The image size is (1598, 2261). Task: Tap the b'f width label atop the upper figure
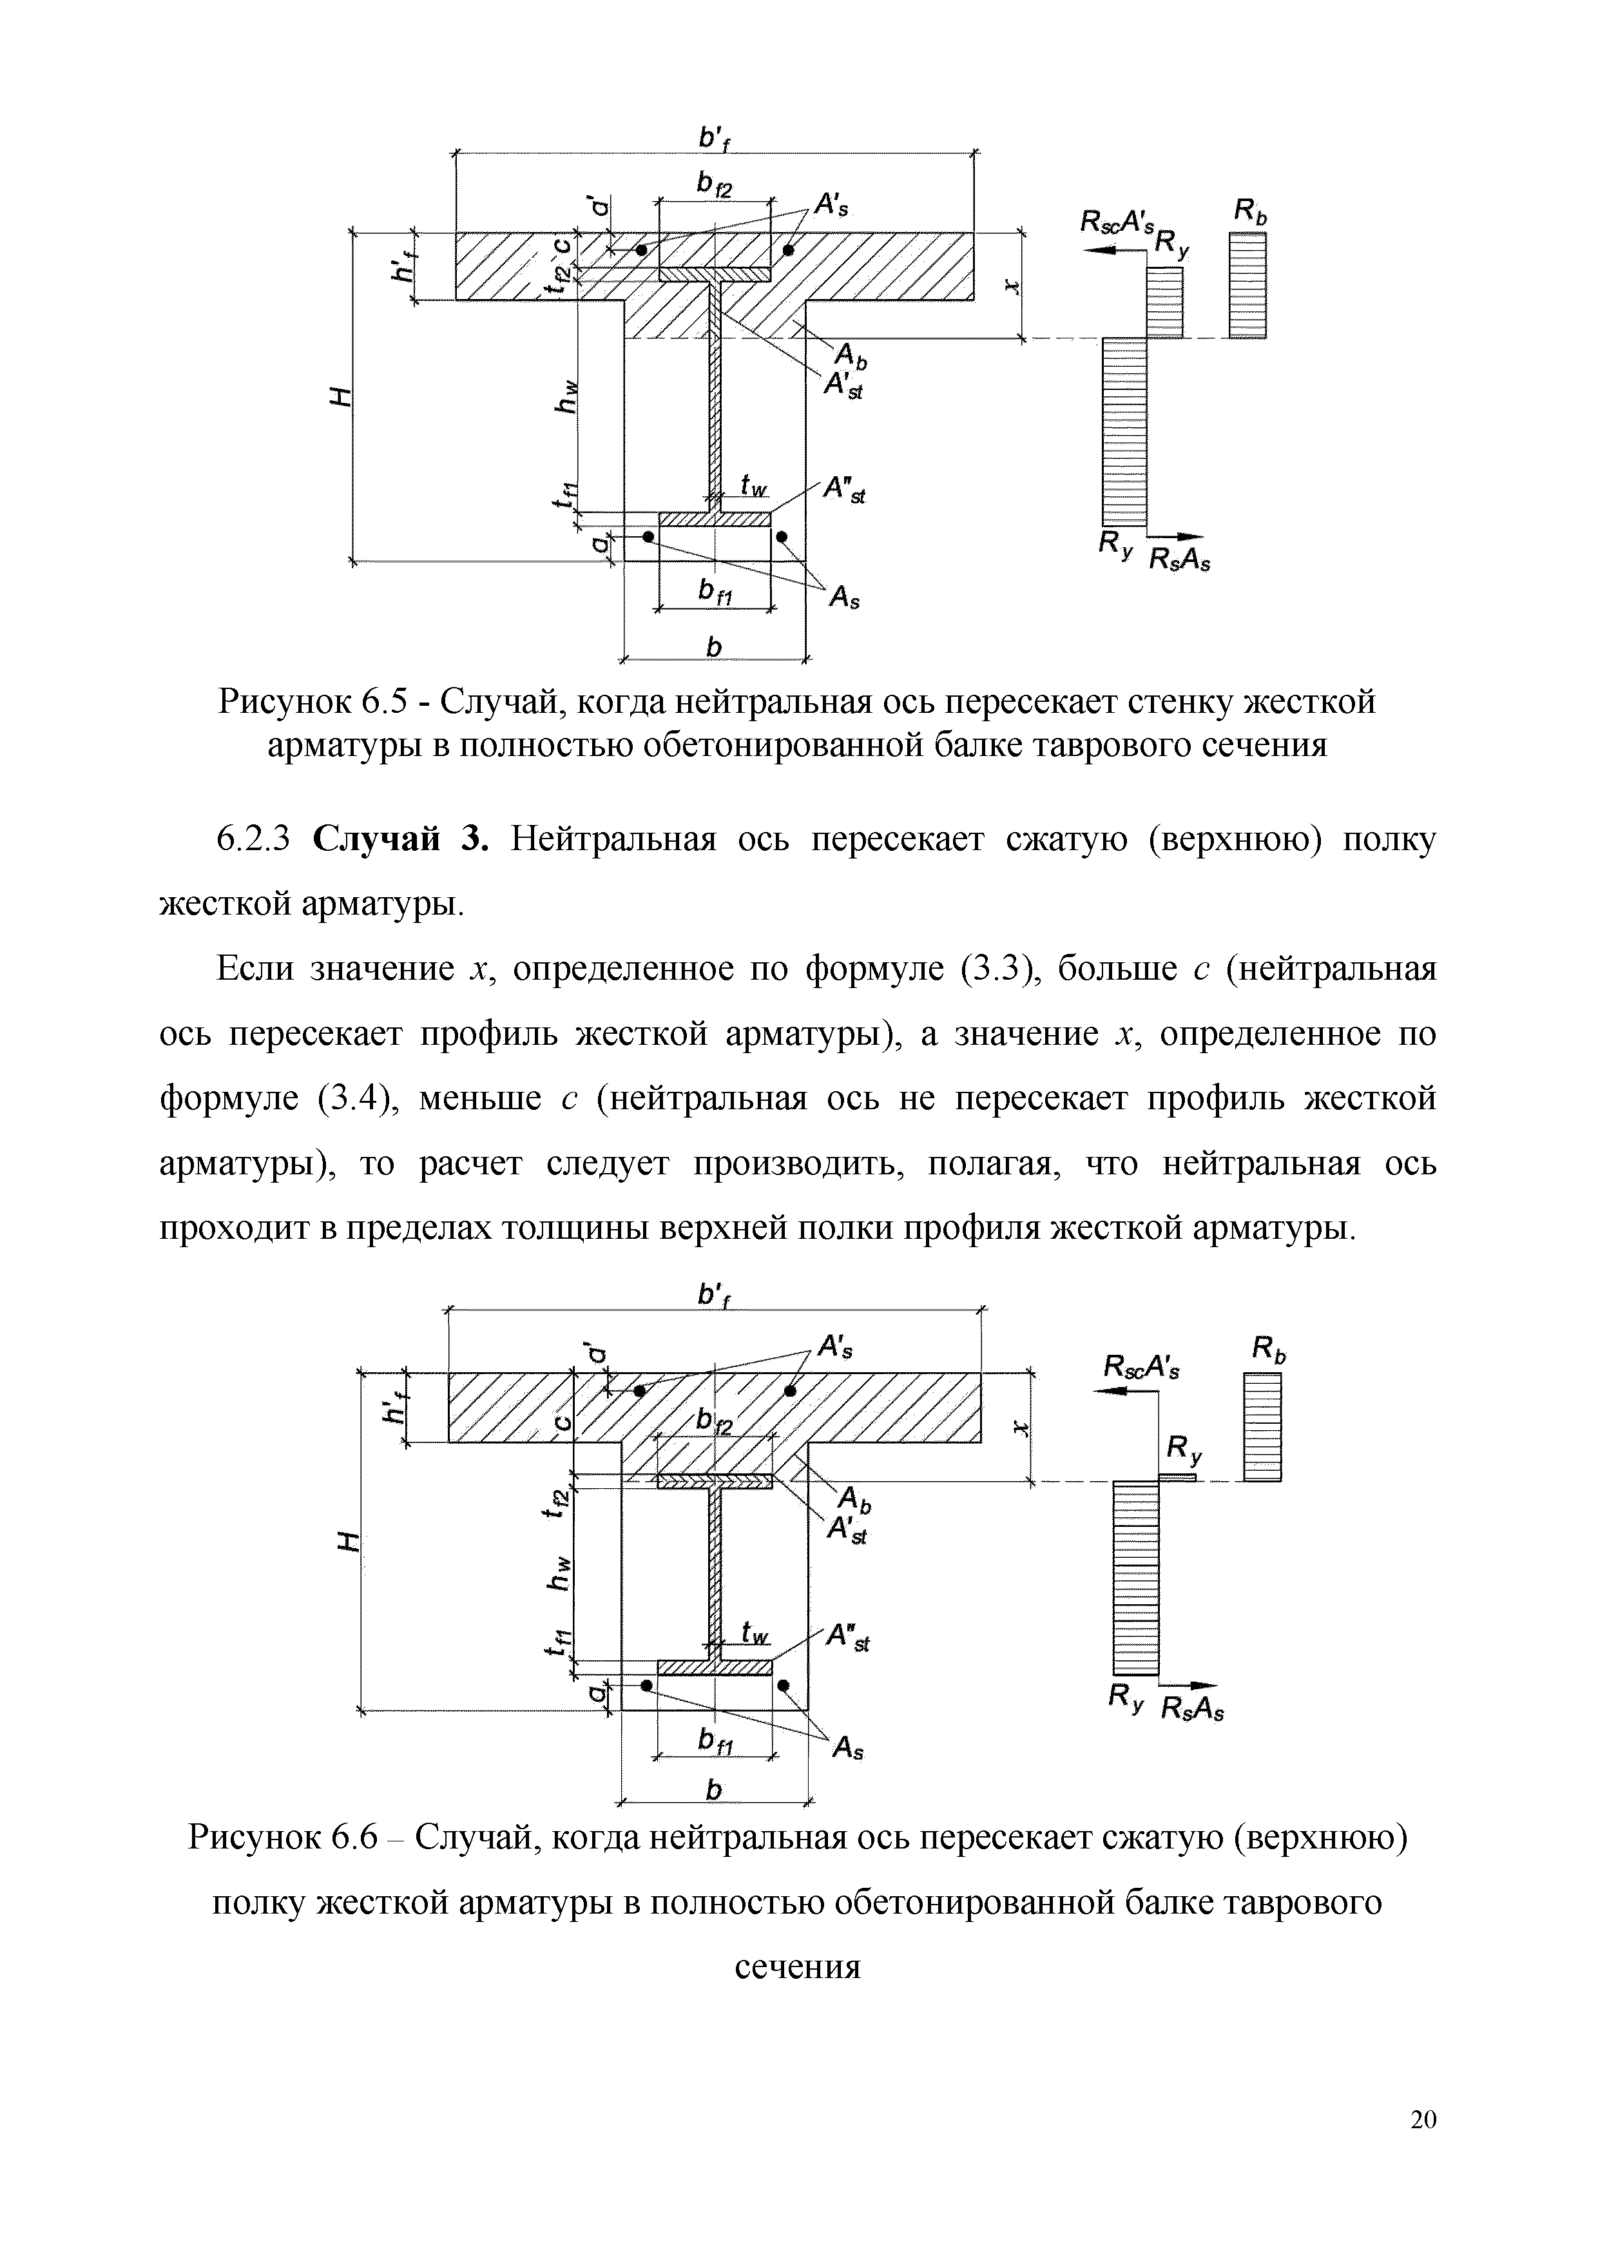[x=713, y=140]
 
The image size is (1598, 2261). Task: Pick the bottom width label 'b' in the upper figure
[x=714, y=646]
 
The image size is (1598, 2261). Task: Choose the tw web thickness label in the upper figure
[x=753, y=485]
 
